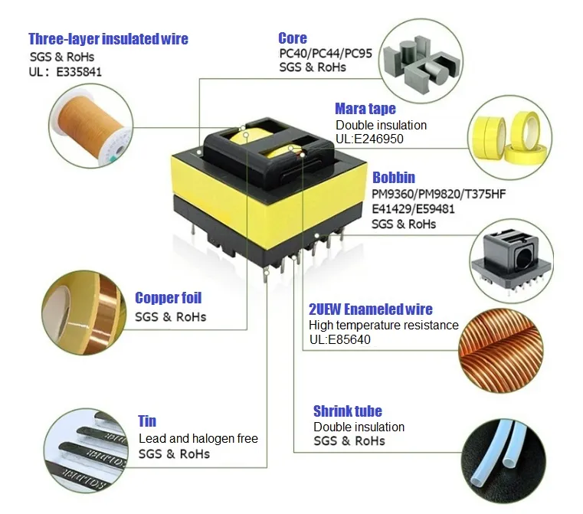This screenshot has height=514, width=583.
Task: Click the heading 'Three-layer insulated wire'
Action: (x=108, y=39)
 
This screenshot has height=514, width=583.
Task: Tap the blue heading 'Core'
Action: (x=293, y=38)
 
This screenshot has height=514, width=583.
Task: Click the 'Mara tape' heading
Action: (x=365, y=109)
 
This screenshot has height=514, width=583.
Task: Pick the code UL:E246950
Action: (x=369, y=139)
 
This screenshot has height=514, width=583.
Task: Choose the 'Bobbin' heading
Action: (x=394, y=178)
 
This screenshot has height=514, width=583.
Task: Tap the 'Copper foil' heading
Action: (x=168, y=298)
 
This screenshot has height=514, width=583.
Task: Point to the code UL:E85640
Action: (x=339, y=339)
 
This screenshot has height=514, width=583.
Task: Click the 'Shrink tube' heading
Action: (x=347, y=411)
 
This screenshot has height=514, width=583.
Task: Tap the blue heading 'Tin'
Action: (x=147, y=421)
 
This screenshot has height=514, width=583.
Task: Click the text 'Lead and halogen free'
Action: (x=198, y=439)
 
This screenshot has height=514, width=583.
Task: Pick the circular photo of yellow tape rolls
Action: (x=509, y=136)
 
